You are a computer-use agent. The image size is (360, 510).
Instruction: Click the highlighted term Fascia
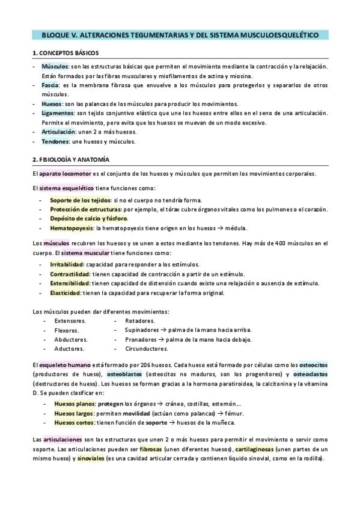50,85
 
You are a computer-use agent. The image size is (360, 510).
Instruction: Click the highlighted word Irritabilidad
67,264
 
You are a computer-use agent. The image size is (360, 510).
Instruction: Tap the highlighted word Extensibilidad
69,283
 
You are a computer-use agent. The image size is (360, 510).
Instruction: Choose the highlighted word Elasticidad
66,293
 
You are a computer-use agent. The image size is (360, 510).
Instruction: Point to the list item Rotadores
139,321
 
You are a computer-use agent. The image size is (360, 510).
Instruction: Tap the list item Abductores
71,340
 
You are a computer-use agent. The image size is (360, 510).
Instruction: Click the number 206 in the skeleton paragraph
150,365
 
